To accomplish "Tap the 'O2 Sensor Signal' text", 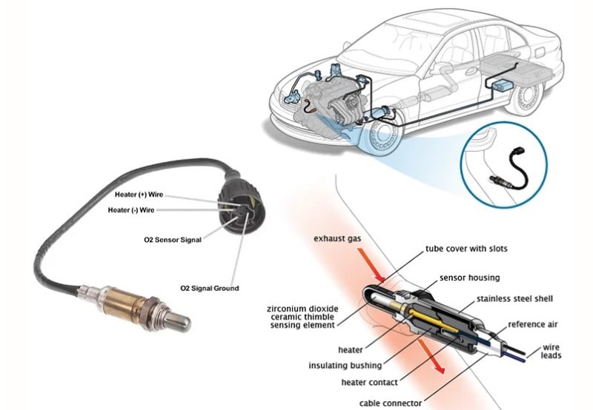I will coord(173,240).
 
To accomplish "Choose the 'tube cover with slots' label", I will coord(466,249).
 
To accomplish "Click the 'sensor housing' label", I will coord(469,278).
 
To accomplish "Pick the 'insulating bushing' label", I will coord(345,366).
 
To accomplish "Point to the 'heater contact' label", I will coord(369,382).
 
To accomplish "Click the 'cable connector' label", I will coord(390,403).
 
